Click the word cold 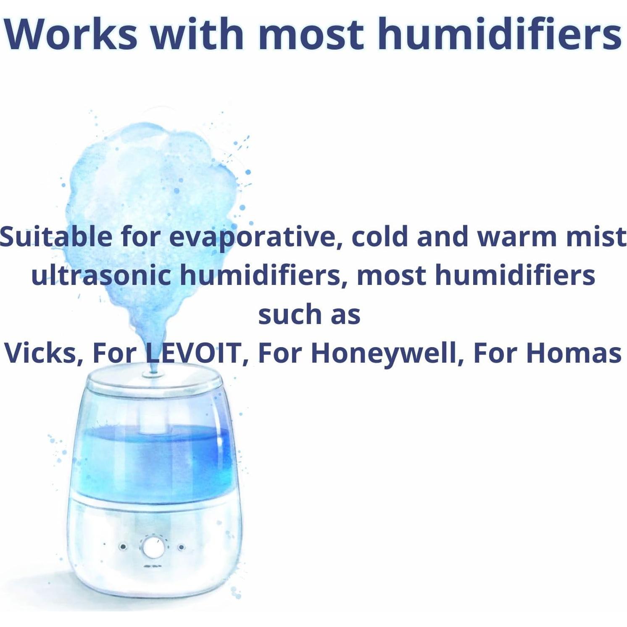pos(380,237)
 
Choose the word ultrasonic pos(101,276)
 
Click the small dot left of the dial pos(123,547)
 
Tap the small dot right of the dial pos(182,547)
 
